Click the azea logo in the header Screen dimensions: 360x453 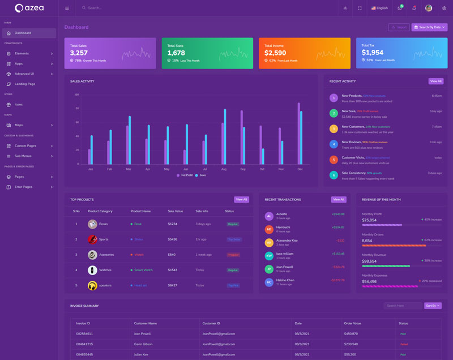pos(29,8)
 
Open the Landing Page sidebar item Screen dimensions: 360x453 pos(25,84)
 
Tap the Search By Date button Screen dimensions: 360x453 pos(429,27)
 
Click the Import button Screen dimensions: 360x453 pos(399,27)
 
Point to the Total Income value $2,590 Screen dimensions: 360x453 pos(275,53)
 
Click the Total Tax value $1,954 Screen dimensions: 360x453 pos(373,53)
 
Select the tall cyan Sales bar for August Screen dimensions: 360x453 pos(225,136)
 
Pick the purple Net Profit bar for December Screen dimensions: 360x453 pos(298,133)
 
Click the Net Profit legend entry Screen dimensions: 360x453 pos(185,175)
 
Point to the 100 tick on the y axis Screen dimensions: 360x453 pos(76,95)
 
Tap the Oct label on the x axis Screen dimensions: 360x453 pos(262,169)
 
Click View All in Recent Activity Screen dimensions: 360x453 pos(435,82)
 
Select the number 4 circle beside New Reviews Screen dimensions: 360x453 pos(334,144)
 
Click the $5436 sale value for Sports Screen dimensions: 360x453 pos(173,239)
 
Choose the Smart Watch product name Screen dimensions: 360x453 pos(143,270)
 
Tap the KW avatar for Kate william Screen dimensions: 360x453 pos(269,256)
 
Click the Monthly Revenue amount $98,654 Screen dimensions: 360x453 pos(369,261)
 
